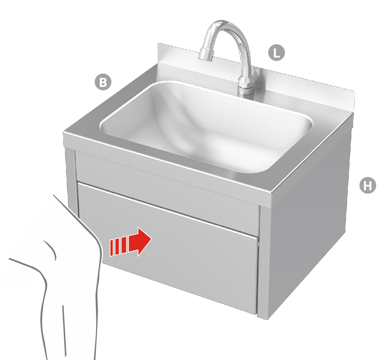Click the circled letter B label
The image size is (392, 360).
(103, 82)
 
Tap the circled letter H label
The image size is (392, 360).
(367, 185)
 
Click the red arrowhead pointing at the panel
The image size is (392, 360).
(142, 241)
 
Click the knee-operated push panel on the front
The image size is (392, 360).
(181, 259)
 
